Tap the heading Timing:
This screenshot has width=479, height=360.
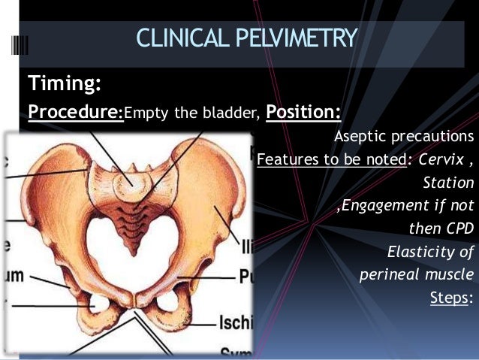point(65,82)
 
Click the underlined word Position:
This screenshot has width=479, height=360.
point(303,113)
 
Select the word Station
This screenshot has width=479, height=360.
point(448,183)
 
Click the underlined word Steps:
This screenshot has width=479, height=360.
point(450,298)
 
